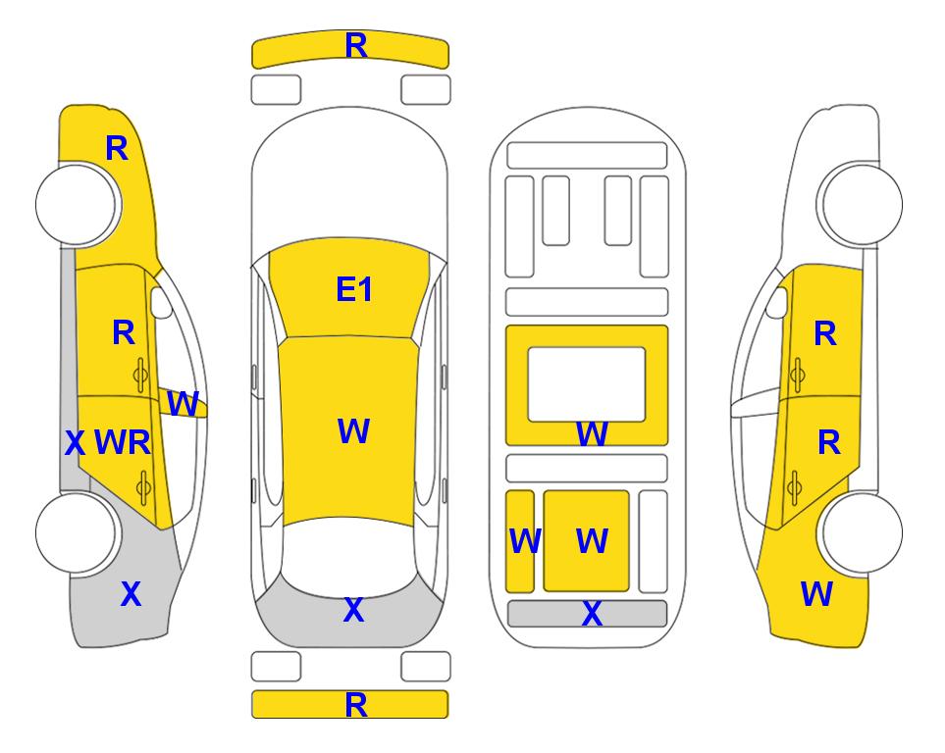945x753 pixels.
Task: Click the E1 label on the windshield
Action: point(354,290)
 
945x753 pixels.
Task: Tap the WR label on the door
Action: point(123,443)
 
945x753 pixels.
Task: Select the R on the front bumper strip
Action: point(355,46)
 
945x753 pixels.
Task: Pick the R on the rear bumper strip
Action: point(355,705)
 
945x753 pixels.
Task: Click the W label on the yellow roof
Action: point(353,431)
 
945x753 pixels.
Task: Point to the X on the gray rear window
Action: point(353,611)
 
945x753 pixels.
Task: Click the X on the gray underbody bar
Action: point(592,615)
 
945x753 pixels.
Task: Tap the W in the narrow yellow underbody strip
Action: point(524,541)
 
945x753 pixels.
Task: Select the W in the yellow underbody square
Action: point(591,541)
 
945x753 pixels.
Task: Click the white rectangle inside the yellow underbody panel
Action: point(586,383)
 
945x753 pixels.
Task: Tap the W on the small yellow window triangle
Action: point(184,403)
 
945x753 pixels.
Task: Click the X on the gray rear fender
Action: point(131,594)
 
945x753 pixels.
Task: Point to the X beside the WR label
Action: point(75,444)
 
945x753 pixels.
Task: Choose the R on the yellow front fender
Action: point(116,148)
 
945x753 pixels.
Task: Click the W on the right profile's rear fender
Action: point(816,594)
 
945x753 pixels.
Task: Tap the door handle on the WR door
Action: point(143,485)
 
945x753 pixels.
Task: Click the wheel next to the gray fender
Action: point(77,532)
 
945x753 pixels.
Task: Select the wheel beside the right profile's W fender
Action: point(862,532)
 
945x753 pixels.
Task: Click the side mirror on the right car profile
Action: point(776,302)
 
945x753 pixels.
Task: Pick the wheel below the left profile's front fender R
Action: point(77,205)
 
